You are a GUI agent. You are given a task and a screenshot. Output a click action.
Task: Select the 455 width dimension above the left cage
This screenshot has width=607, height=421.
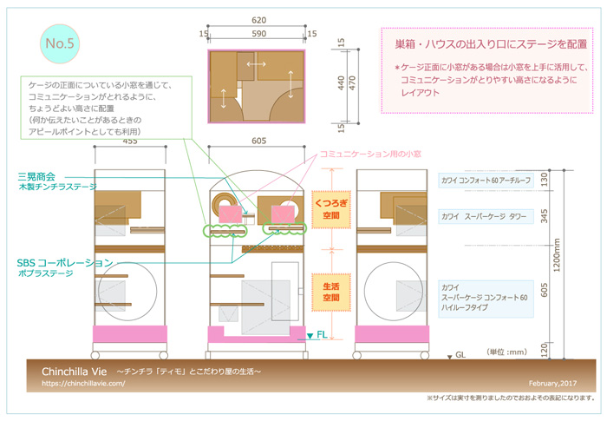(130, 140)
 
